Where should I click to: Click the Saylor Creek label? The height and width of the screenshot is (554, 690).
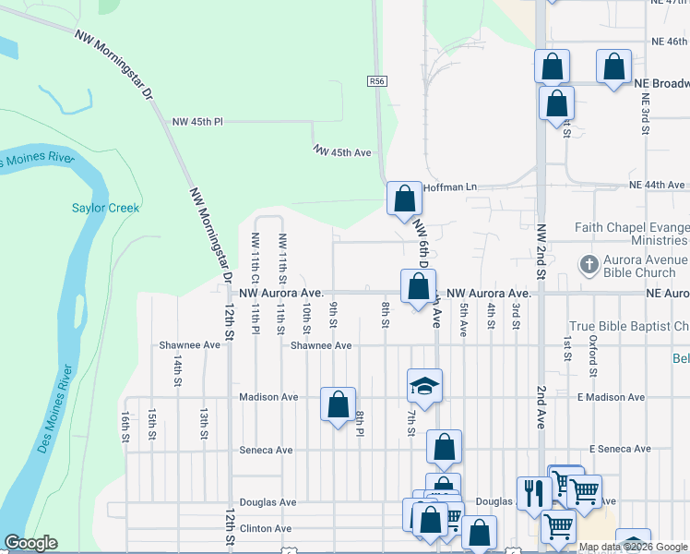click(106, 208)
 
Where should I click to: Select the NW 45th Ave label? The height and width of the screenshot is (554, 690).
click(341, 151)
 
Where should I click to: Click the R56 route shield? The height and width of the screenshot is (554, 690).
click(376, 81)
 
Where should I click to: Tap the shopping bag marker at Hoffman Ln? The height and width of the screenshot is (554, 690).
click(404, 199)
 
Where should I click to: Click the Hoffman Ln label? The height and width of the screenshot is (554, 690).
click(449, 187)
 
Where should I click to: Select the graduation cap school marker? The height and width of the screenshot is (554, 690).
click(424, 386)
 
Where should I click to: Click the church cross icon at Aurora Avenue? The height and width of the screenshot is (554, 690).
click(589, 266)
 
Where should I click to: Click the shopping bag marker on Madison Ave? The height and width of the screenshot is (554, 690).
click(338, 403)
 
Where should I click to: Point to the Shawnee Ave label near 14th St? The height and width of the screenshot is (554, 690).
click(190, 344)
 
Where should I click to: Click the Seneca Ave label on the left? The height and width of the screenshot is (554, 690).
click(266, 451)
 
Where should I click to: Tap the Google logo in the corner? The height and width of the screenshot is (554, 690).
click(30, 543)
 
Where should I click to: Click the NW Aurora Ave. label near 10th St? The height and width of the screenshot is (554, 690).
click(280, 293)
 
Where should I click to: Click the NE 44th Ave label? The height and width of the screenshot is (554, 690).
click(657, 186)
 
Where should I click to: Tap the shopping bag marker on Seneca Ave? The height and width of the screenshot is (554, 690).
click(444, 448)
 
